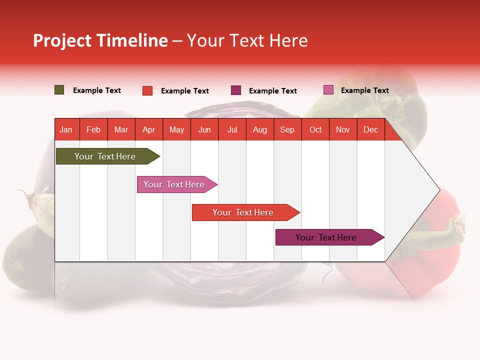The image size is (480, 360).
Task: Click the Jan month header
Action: pyautogui.click(x=66, y=129)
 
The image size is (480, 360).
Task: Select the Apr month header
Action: pyautogui.click(x=149, y=129)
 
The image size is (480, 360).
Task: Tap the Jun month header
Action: pyautogui.click(x=204, y=129)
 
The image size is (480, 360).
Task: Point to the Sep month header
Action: pyautogui.click(x=287, y=129)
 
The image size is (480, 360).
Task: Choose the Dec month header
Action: pyautogui.click(x=370, y=129)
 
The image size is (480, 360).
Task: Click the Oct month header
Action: pyautogui.click(x=315, y=129)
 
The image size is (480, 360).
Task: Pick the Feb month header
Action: pyautogui.click(x=93, y=129)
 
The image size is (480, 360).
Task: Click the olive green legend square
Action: pyautogui.click(x=59, y=90)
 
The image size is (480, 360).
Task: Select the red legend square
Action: pyautogui.click(x=147, y=90)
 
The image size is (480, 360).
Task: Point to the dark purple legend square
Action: pyautogui.click(x=236, y=90)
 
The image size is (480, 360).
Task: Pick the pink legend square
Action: pyautogui.click(x=328, y=90)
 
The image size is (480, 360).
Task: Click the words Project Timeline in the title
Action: pyautogui.click(x=100, y=40)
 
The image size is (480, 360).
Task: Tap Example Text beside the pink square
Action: pyautogui.click(x=364, y=90)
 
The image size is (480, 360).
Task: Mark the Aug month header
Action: pyautogui.click(x=259, y=129)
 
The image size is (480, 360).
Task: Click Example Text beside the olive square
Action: pyautogui.click(x=96, y=90)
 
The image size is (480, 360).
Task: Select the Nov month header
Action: pyautogui.click(x=342, y=129)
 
